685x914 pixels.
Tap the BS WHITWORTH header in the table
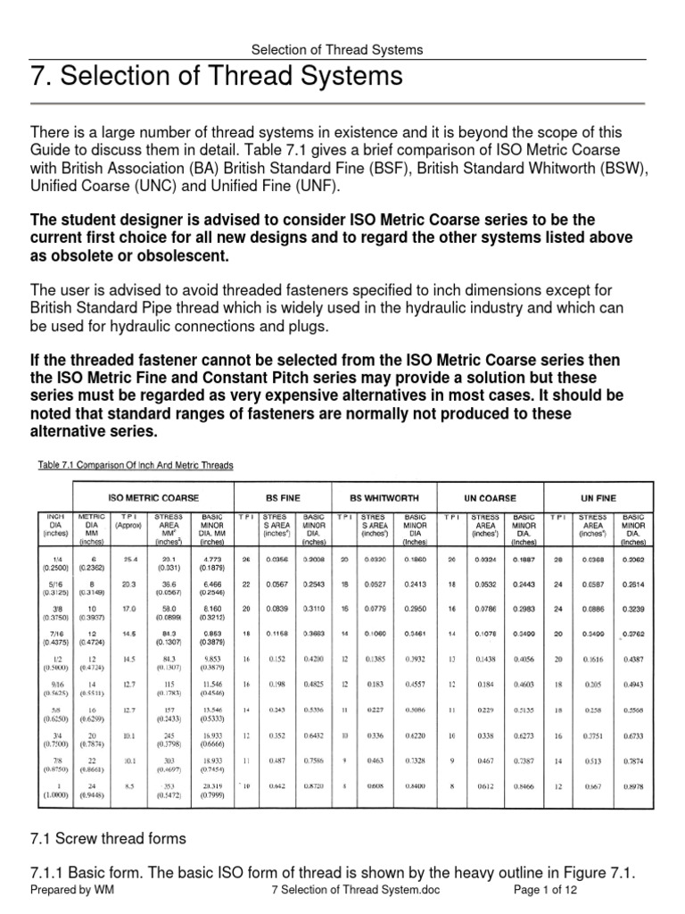click(383, 496)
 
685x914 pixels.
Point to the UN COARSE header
click(491, 496)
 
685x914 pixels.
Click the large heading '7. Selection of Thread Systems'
click(215, 77)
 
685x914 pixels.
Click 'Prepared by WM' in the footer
click(72, 891)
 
